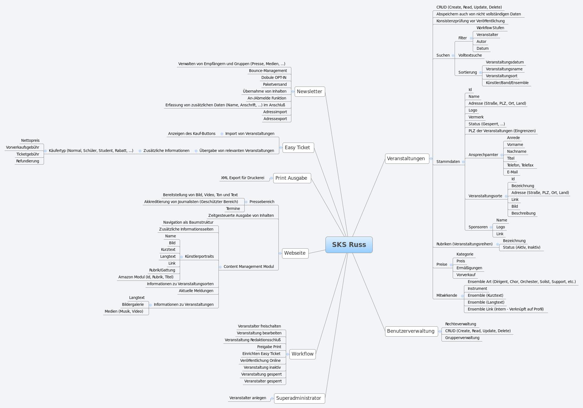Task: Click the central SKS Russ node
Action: click(349, 245)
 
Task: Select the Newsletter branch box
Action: click(310, 91)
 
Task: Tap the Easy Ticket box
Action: click(298, 148)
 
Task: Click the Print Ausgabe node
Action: click(292, 178)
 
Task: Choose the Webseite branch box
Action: click(295, 253)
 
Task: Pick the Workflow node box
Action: click(302, 354)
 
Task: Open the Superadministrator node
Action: click(299, 398)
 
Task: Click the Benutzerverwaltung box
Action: click(411, 331)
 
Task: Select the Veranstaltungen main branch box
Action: click(407, 159)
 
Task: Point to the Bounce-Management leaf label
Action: click(268, 71)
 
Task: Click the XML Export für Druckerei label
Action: click(242, 178)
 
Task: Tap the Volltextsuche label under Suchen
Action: click(470, 55)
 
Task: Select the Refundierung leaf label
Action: click(27, 161)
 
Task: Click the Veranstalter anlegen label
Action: click(248, 398)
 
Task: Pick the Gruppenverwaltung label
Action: click(462, 338)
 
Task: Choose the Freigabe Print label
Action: click(269, 347)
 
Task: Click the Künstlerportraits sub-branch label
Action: click(199, 256)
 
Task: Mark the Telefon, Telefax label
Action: click(520, 165)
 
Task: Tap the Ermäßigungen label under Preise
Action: click(469, 268)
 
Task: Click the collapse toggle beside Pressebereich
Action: click(246, 202)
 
